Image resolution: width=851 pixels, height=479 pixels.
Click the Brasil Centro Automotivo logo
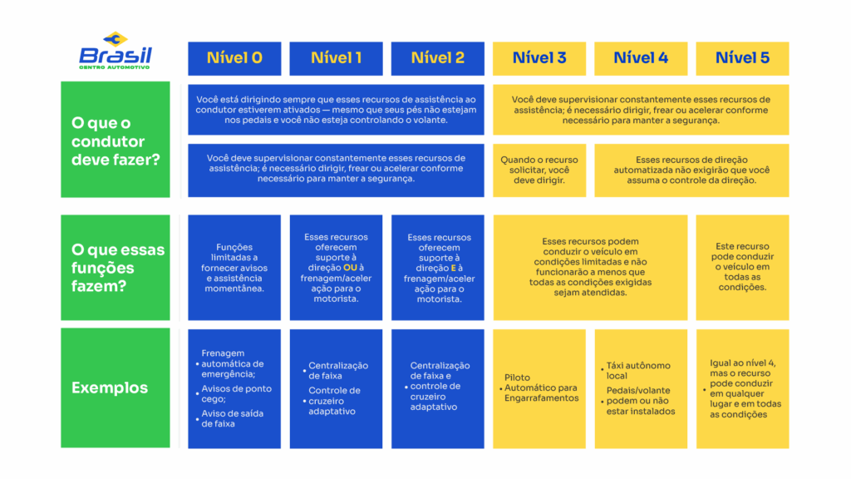coord(116,52)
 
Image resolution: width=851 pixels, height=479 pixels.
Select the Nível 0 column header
coord(234,58)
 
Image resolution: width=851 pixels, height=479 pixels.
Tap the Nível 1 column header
coord(336,58)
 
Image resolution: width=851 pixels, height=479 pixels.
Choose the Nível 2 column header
coord(437,58)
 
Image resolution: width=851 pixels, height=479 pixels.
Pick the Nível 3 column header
coord(539,58)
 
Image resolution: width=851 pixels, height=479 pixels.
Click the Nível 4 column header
coord(641,58)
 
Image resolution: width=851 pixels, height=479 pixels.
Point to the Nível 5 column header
coord(742,58)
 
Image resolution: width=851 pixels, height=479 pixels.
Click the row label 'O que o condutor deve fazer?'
coord(116,141)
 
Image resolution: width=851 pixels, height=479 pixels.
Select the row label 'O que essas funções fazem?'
coord(116,268)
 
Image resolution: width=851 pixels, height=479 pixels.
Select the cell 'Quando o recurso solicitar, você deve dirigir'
coord(539,170)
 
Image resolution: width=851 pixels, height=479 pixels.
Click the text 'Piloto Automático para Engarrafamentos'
coord(540,388)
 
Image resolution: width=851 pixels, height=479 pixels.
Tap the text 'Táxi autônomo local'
coord(638,370)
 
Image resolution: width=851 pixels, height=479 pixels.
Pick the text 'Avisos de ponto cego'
coord(236,394)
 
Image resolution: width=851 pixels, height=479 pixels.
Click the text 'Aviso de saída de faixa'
coord(233,418)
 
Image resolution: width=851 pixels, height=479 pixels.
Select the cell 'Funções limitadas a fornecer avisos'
coord(234,268)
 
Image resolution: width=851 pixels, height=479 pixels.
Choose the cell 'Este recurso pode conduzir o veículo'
coord(742,267)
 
